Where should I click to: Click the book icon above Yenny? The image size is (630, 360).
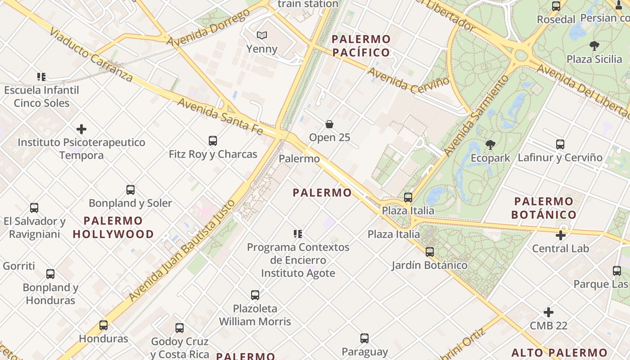(x=261, y=35)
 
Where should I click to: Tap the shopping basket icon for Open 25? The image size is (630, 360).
(x=329, y=124)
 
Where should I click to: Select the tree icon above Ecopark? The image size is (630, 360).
(x=490, y=145)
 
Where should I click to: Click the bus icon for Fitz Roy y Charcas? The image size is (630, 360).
(x=213, y=141)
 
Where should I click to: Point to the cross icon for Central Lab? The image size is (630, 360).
(x=560, y=235)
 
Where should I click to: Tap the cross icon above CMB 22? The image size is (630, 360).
(x=548, y=312)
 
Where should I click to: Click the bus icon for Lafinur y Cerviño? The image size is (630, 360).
(x=560, y=144)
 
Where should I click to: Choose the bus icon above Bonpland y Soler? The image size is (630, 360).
(x=130, y=190)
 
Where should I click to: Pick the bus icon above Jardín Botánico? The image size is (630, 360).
(x=429, y=252)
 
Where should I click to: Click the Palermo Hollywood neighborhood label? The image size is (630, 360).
(x=113, y=227)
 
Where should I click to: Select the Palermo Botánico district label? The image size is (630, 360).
(x=544, y=207)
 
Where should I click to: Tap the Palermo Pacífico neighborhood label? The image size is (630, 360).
(x=361, y=46)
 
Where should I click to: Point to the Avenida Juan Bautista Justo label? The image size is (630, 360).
(x=182, y=250)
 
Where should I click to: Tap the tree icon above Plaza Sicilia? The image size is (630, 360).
(x=594, y=45)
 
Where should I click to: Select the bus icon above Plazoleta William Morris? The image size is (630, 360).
(x=255, y=295)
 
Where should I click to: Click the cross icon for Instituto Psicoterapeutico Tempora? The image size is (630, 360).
(x=81, y=130)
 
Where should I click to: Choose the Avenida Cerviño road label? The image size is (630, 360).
(x=408, y=81)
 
